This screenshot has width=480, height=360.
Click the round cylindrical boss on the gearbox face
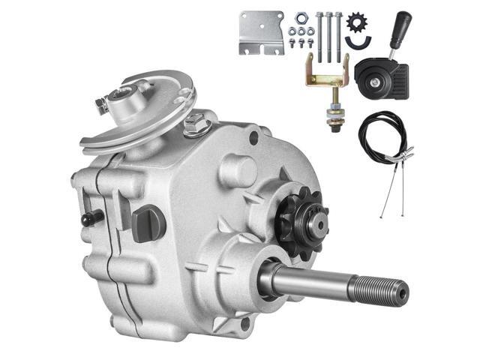(238, 169)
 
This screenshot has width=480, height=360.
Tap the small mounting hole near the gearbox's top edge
(253, 138)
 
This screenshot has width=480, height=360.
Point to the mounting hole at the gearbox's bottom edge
(244, 324)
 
